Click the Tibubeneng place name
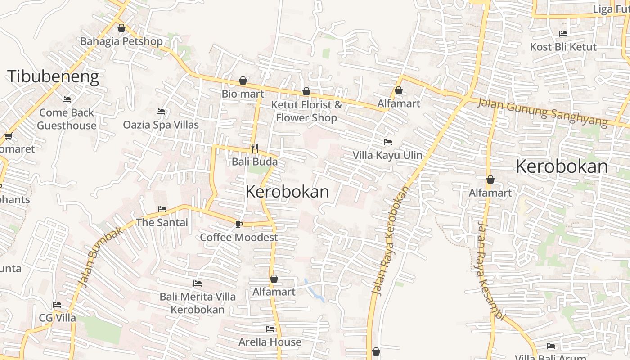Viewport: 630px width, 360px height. [53, 76]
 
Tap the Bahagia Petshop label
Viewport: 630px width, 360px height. [121, 41]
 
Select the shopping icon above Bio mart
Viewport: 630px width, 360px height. [243, 81]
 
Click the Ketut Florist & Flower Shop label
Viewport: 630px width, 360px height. [306, 111]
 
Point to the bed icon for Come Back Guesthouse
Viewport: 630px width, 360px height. [67, 99]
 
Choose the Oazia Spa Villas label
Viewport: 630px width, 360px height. [161, 125]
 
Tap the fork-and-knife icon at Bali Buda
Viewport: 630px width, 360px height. [255, 148]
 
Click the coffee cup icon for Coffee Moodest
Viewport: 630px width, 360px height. [238, 224]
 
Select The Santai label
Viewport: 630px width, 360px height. [162, 222]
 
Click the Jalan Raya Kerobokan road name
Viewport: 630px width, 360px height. [391, 241]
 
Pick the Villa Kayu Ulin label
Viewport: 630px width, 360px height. [387, 155]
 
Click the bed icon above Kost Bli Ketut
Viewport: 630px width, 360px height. [563, 33]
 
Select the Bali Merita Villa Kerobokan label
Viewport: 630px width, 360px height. [198, 303]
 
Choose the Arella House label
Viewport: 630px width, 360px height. [270, 342]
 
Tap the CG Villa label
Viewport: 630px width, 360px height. [58, 318]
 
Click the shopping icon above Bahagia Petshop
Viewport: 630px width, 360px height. [121, 28]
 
